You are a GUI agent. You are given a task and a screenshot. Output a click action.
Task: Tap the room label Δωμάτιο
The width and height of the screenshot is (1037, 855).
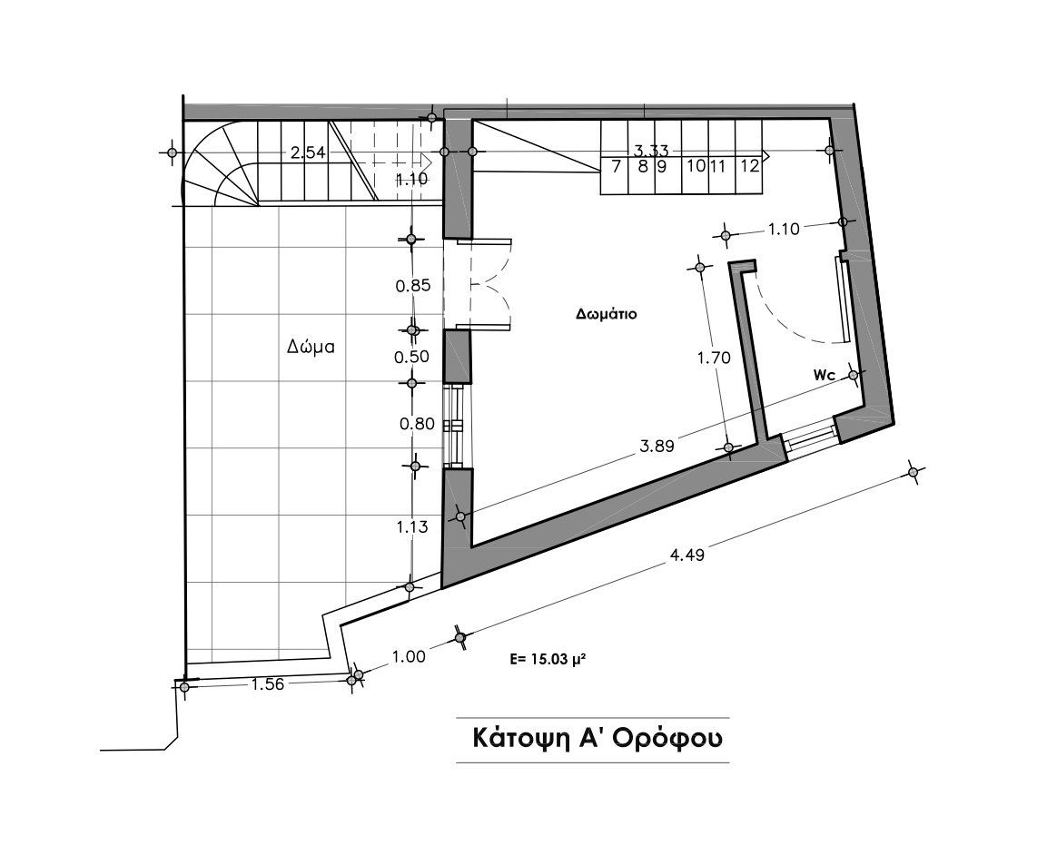(x=604, y=315)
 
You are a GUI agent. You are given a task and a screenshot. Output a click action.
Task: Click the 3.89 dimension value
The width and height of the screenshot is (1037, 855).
(x=657, y=446)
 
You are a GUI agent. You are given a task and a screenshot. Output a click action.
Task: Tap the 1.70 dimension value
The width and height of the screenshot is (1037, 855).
(x=713, y=358)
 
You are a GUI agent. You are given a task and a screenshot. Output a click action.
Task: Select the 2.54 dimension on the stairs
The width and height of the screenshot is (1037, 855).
(x=307, y=153)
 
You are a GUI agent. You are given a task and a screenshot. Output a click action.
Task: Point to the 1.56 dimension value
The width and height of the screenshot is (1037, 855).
(x=267, y=684)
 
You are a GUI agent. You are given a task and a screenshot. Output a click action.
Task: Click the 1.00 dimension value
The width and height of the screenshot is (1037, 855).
(x=410, y=657)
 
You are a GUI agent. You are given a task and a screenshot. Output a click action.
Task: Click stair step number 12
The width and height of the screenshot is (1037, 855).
(x=749, y=165)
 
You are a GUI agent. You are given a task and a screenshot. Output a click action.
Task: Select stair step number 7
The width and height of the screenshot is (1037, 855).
(x=616, y=165)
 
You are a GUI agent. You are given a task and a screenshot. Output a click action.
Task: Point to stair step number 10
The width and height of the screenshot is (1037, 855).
(x=696, y=165)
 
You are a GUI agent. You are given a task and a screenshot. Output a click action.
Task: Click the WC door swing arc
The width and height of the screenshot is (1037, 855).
(x=790, y=318)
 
